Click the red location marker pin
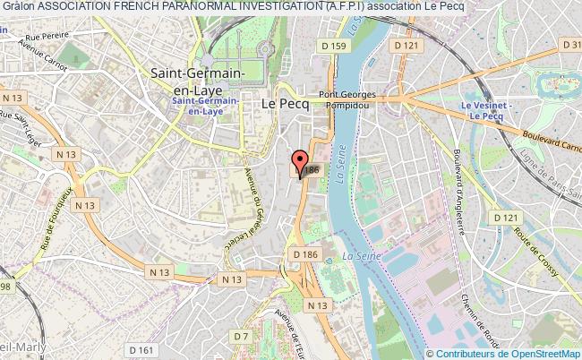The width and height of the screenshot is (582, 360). coord(298,162)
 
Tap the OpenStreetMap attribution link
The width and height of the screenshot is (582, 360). coord(534,354)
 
